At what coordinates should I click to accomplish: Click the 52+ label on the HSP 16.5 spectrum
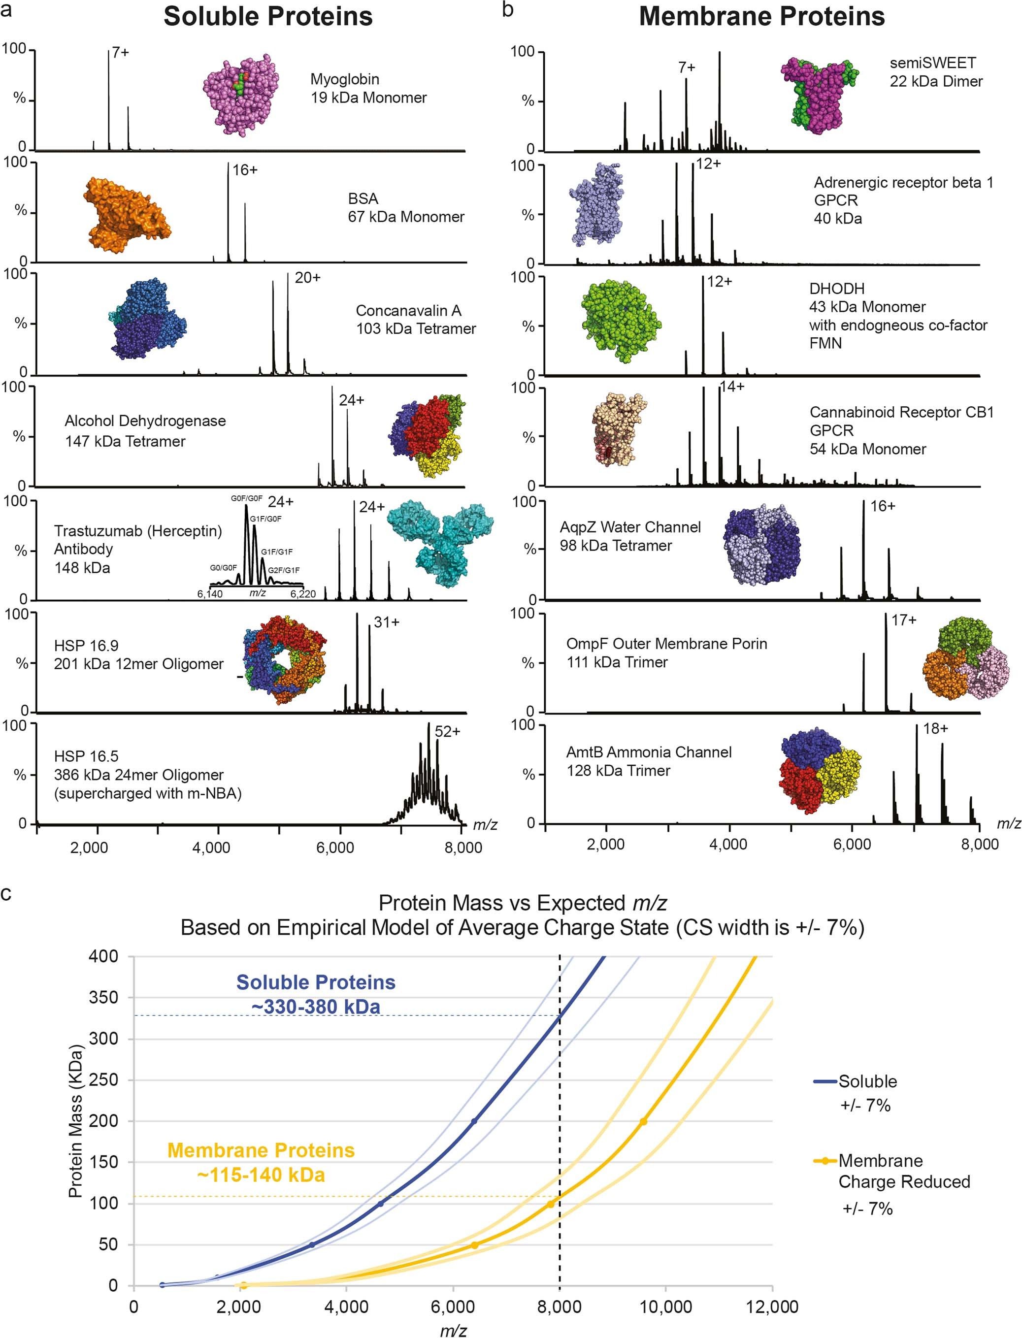(x=447, y=732)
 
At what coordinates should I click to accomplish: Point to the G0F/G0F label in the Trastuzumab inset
(x=246, y=499)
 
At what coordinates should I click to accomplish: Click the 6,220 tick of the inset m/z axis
(x=302, y=593)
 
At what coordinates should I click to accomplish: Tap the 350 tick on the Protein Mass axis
(x=104, y=997)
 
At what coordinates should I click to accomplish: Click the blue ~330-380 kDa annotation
(x=316, y=1007)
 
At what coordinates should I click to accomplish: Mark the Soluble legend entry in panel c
(x=867, y=1081)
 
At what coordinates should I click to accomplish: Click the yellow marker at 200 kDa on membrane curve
(x=643, y=1121)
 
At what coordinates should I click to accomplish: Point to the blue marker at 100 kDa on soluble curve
(x=381, y=1204)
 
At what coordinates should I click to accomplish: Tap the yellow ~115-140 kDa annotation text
(x=261, y=1175)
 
